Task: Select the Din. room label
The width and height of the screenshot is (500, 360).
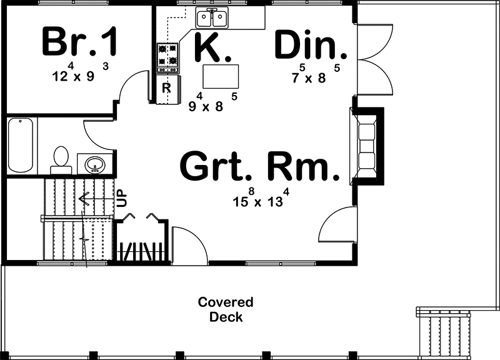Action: coord(310,45)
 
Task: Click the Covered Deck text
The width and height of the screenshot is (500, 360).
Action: coord(226,309)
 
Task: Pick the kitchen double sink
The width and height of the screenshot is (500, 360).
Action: coord(212,19)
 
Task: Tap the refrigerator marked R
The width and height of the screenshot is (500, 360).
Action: coord(167,88)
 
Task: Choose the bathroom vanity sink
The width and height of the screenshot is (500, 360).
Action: coord(95,164)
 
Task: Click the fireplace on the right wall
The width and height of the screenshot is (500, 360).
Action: coord(366,146)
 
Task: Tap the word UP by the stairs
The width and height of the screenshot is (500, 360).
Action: coord(122,199)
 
